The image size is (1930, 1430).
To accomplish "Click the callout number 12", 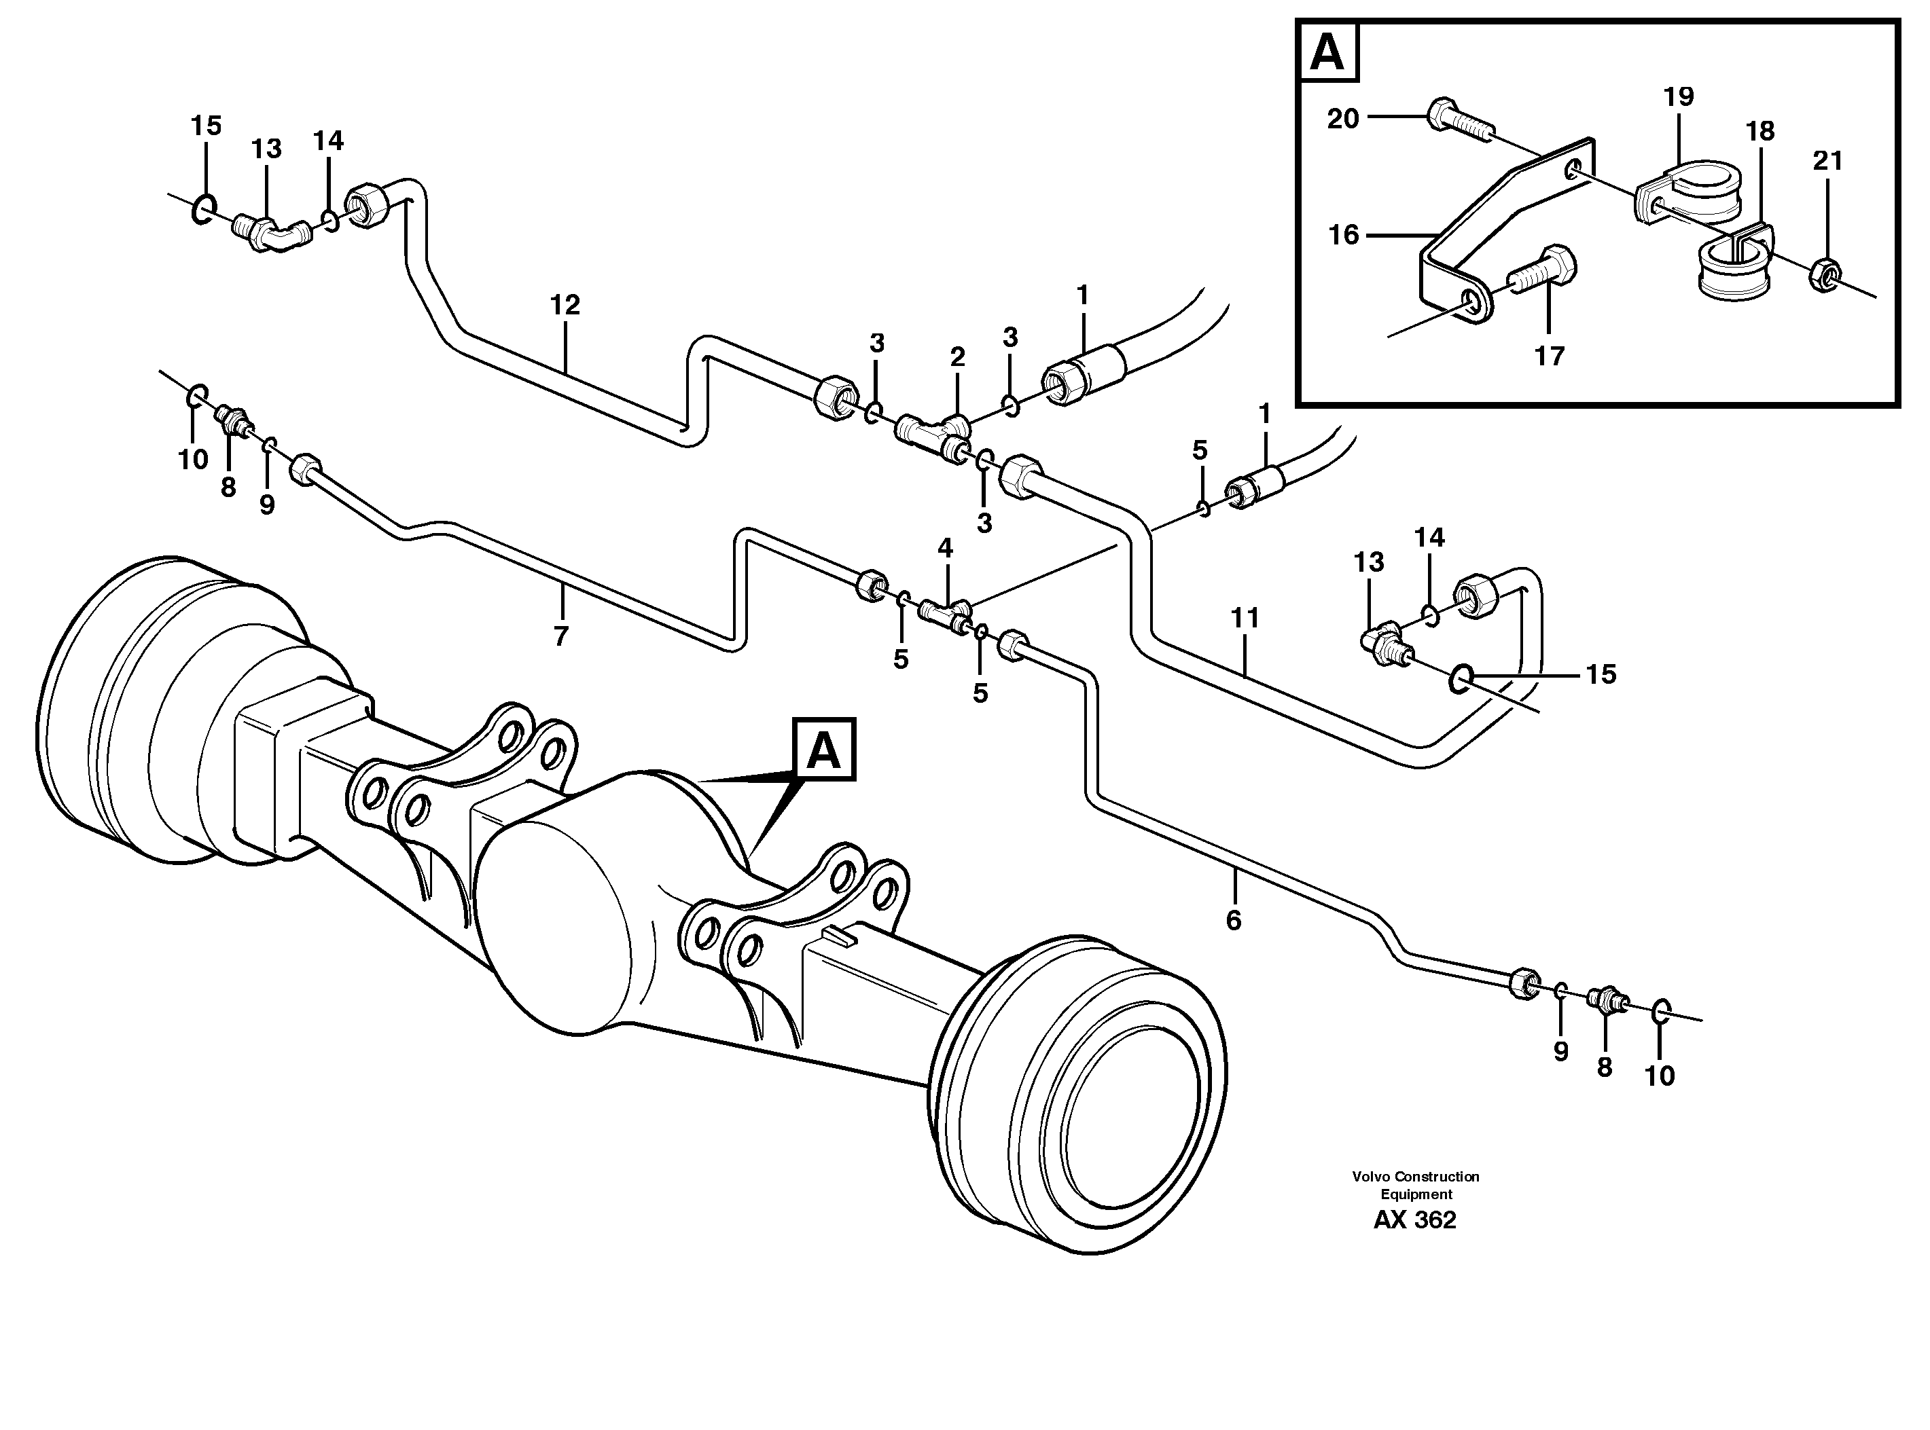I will (x=565, y=305).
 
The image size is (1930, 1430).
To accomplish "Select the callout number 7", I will (x=560, y=636).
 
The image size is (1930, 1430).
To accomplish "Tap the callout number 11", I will (x=1245, y=618).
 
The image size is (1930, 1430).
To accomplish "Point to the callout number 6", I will (x=1233, y=920).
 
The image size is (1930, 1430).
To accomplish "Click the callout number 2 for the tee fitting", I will (x=957, y=356).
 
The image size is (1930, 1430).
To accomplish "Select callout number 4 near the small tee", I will (x=945, y=547).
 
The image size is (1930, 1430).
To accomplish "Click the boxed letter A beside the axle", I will (x=823, y=750).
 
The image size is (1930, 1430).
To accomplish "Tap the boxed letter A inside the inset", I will (x=1328, y=52).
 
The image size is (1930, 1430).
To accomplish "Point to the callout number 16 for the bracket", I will (x=1344, y=234).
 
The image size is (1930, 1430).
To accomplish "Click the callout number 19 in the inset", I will (x=1678, y=96).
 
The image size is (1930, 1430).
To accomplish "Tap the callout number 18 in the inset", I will (x=1760, y=132).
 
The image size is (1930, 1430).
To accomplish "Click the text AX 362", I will (x=1415, y=1220).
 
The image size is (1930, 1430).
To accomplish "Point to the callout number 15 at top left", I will (x=206, y=126).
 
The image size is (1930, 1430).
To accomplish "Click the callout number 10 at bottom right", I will (x=1660, y=1076).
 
